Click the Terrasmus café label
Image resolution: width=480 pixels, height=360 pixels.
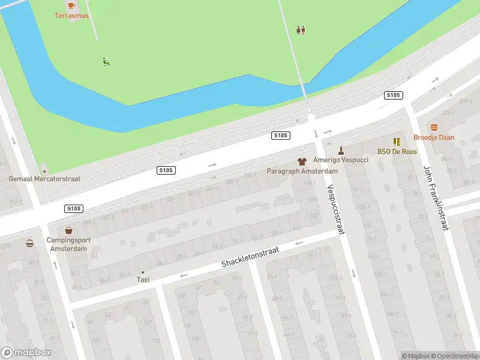click(71, 16)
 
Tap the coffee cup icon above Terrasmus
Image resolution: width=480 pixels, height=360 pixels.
click(71, 5)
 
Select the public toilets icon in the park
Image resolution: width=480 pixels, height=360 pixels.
click(301, 30)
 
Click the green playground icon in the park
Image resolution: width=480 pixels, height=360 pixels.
click(106, 61)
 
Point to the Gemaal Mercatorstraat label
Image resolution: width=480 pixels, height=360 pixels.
click(44, 179)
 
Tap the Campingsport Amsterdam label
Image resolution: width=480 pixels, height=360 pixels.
click(68, 244)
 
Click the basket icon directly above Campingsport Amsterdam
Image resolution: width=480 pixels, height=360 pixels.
click(69, 230)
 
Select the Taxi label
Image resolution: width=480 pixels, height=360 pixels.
click(143, 280)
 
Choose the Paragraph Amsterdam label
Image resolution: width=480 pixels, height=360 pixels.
click(302, 171)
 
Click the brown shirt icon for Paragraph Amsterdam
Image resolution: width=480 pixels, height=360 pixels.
click(302, 161)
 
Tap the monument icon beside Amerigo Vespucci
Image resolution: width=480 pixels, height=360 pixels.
click(341, 150)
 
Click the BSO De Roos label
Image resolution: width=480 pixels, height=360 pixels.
click(397, 152)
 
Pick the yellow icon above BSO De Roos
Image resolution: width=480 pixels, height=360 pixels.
click(397, 142)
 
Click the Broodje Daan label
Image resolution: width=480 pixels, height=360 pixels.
click(434, 137)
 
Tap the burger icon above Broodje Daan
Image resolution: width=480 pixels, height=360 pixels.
click(434, 127)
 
